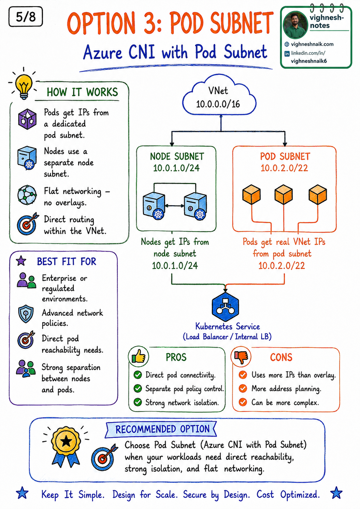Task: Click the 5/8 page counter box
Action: click(x=26, y=17)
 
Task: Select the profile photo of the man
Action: click(x=295, y=25)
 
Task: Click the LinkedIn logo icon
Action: click(x=287, y=54)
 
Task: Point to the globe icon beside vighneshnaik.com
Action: click(x=287, y=44)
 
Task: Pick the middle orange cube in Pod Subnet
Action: click(x=284, y=195)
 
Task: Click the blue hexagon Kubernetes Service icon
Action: click(x=225, y=307)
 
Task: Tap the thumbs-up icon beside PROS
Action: click(x=139, y=357)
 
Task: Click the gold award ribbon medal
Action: click(x=66, y=446)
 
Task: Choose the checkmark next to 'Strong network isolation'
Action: click(x=138, y=402)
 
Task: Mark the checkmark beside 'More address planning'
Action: click(x=243, y=388)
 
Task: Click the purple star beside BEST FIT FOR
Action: click(x=21, y=261)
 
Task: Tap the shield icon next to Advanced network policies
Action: click(x=26, y=314)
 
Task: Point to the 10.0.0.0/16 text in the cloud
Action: click(x=218, y=104)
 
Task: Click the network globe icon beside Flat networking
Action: click(x=27, y=195)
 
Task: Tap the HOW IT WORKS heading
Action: click(x=82, y=92)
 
